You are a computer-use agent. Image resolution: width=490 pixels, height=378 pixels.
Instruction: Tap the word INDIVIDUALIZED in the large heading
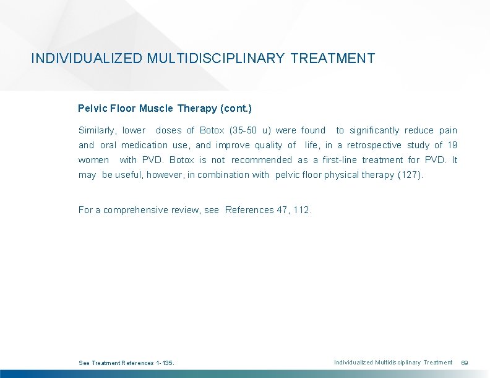[x=87, y=59]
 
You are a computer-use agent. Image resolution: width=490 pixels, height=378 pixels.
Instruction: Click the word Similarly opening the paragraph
[x=97, y=130]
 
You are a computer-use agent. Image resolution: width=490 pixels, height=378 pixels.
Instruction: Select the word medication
[x=144, y=145]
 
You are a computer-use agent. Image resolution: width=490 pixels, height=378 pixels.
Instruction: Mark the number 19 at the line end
[x=452, y=145]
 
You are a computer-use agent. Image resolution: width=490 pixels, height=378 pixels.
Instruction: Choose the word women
[x=93, y=160]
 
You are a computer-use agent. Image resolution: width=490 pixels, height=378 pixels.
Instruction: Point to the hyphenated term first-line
[x=340, y=160]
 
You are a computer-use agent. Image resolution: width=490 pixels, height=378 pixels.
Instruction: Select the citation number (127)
[x=410, y=175]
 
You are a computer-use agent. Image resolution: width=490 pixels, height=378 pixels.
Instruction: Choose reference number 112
[x=303, y=210]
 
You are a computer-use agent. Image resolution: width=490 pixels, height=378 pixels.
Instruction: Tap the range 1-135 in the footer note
[x=165, y=363]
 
